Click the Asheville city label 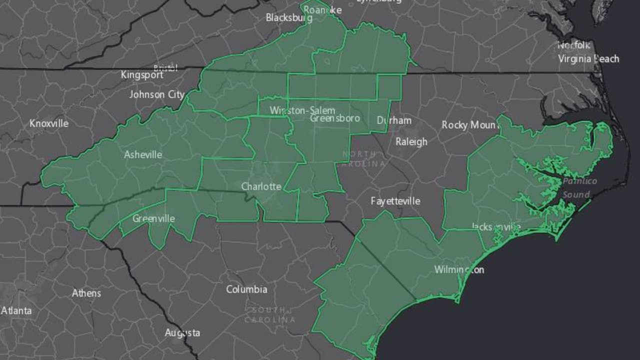(143, 154)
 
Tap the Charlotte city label (261, 186)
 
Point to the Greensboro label (335, 118)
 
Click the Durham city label (394, 120)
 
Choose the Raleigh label (411, 141)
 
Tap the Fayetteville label (395, 201)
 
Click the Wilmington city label (459, 269)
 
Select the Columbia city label (246, 289)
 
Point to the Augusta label (182, 332)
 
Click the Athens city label (86, 293)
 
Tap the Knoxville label (49, 123)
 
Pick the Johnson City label (157, 94)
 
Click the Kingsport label (142, 75)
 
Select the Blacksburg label (289, 17)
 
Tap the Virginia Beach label (588, 58)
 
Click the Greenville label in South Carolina (153, 218)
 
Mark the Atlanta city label (16, 310)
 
